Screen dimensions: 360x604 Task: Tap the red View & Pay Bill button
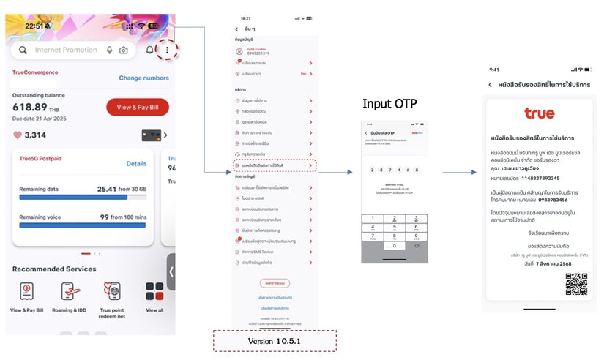coord(138,107)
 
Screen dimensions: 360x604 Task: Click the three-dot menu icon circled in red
coord(168,50)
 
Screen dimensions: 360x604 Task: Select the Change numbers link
coord(143,78)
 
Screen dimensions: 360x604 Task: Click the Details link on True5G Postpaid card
coord(136,164)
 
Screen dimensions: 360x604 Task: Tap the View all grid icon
coord(154,292)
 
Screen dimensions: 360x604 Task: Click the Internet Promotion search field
coord(66,50)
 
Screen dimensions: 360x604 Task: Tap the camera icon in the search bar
coord(124,50)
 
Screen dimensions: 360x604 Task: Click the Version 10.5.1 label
coord(274,341)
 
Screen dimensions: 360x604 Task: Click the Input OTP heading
coord(389,104)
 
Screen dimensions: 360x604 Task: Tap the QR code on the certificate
coord(576,284)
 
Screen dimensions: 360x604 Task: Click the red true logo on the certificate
coord(540,113)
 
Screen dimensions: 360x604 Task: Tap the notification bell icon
coord(149,50)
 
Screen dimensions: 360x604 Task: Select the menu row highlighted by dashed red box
coord(275,166)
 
